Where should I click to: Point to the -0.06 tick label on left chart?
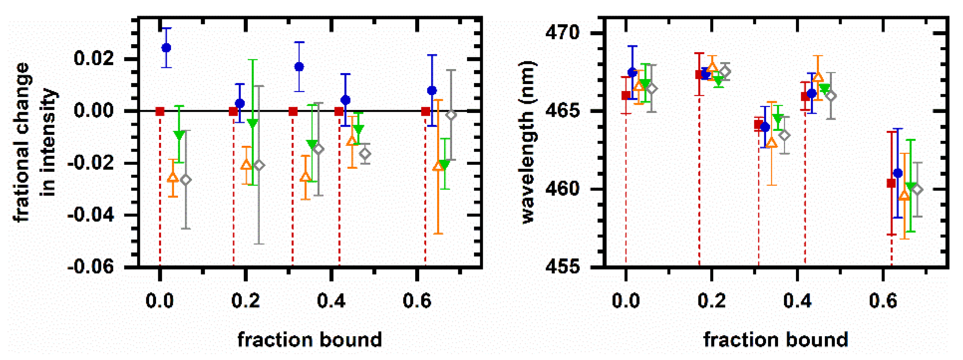[91, 267]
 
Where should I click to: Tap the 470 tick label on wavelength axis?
[562, 33]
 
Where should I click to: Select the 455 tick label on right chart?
[562, 267]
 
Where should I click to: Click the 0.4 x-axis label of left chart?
[331, 300]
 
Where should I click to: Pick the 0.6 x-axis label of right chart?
[883, 300]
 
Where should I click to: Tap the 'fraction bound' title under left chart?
[310, 340]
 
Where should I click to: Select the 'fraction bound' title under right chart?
[776, 340]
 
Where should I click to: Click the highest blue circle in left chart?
[166, 48]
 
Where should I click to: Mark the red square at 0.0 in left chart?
[160, 111]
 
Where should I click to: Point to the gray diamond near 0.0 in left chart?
[186, 180]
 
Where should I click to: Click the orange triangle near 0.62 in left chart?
[438, 166]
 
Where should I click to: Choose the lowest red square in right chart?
[892, 183]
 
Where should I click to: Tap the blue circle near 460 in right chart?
[898, 173]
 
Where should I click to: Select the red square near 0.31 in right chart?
[758, 125]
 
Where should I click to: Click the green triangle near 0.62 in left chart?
[444, 164]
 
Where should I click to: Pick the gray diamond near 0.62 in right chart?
[917, 190]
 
